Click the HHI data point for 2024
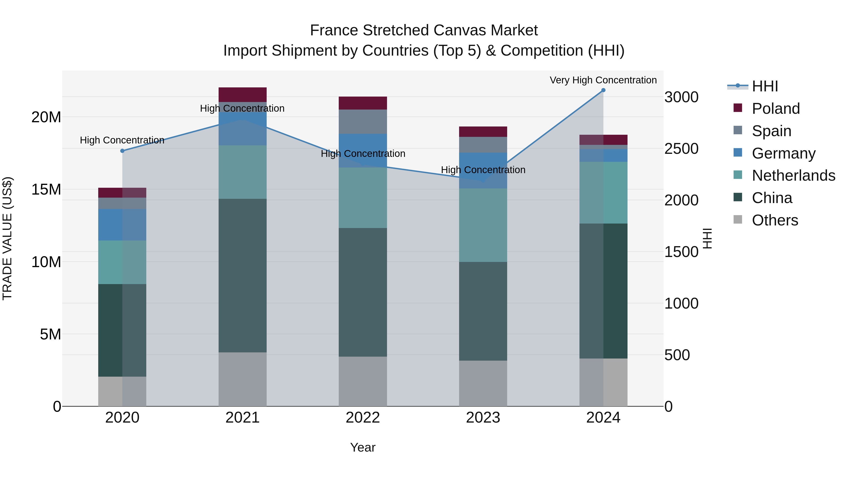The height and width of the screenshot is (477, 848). tap(603, 90)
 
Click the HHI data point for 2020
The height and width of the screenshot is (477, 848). tap(122, 151)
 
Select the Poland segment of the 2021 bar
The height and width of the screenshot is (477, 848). tap(242, 94)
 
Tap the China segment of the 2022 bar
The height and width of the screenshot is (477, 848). tap(363, 292)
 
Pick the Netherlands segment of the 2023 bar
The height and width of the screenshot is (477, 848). tap(483, 225)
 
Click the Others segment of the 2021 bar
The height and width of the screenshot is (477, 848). tap(242, 379)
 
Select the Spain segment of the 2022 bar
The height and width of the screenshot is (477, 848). tap(363, 122)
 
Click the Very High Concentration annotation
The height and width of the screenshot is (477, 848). tap(603, 80)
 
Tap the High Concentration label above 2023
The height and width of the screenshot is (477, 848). tap(483, 170)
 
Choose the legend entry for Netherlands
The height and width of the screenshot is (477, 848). tap(793, 175)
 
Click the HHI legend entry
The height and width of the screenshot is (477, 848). tap(765, 86)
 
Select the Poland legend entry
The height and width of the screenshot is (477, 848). tap(776, 109)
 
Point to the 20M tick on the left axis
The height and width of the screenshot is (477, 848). tap(46, 117)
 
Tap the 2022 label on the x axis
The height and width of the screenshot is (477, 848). tap(363, 418)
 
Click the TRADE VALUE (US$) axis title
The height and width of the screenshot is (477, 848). tap(7, 238)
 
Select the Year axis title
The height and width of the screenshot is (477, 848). tap(363, 447)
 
